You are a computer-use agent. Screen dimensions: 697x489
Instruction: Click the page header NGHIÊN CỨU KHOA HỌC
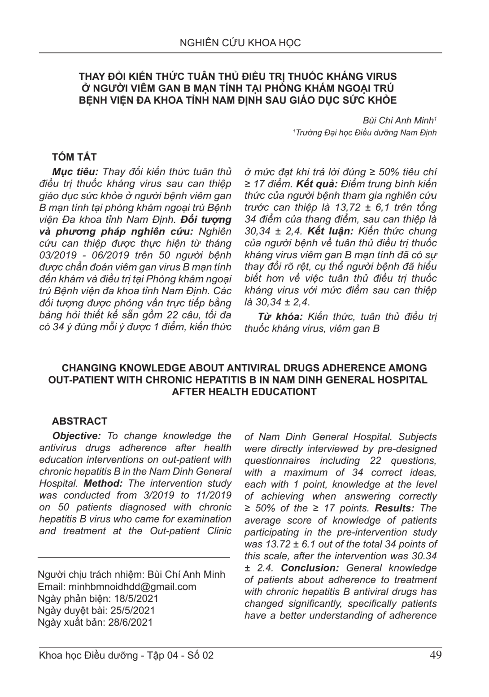pos(240,43)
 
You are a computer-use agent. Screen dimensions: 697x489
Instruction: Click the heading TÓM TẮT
pos(74,157)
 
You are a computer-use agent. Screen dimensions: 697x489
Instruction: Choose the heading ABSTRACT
pos(79,421)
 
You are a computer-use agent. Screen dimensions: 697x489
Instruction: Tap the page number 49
pos(435,655)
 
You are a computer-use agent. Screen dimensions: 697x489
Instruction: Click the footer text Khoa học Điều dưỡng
pos(88,655)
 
